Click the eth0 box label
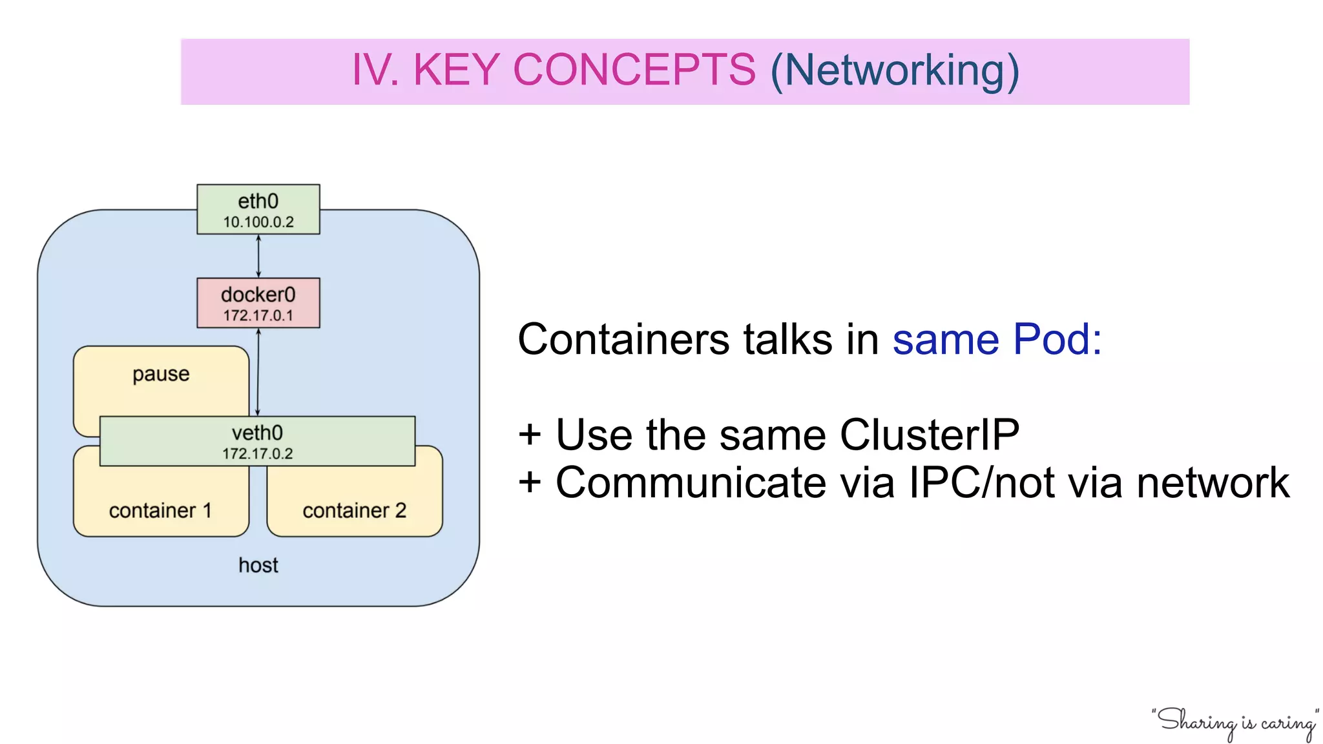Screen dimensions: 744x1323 (x=258, y=201)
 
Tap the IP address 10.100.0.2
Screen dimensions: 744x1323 (x=258, y=222)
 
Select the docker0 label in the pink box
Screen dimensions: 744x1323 (x=258, y=294)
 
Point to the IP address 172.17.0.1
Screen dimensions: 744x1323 (x=258, y=316)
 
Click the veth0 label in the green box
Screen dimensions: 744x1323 (x=257, y=433)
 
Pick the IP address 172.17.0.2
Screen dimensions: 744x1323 (x=257, y=454)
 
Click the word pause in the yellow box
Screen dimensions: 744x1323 (x=161, y=375)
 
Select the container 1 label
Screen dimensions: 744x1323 (x=160, y=511)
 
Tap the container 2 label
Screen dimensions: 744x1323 (x=354, y=511)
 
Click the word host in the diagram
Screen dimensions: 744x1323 (x=258, y=565)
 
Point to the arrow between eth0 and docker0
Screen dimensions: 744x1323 (x=258, y=256)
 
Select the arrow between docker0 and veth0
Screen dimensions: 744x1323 (x=258, y=372)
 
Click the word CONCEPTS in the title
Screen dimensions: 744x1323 (x=634, y=70)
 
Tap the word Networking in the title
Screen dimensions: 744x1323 (x=895, y=70)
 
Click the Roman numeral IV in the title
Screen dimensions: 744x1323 (x=373, y=70)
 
